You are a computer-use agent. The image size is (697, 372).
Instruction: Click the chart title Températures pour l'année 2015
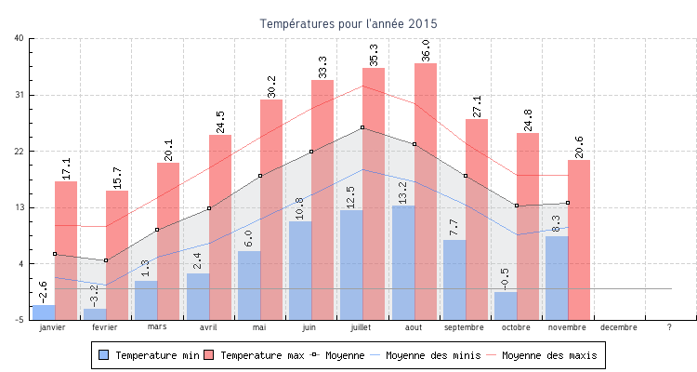coord(348,22)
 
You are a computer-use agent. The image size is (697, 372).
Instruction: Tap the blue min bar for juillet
coord(351,264)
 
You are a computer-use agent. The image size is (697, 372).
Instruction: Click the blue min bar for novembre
coord(557,277)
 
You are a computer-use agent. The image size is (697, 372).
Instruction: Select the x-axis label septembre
coord(465,327)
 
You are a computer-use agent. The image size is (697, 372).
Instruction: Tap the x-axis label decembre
coord(619,327)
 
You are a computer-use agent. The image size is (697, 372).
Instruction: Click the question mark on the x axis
coord(669,327)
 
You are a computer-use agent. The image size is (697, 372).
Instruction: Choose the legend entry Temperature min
coord(149,355)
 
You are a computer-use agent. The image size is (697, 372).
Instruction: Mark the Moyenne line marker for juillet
coord(362,127)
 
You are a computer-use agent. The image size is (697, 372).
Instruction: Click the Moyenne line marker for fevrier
coord(106,260)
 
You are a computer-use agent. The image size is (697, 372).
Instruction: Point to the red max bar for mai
coord(271,209)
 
